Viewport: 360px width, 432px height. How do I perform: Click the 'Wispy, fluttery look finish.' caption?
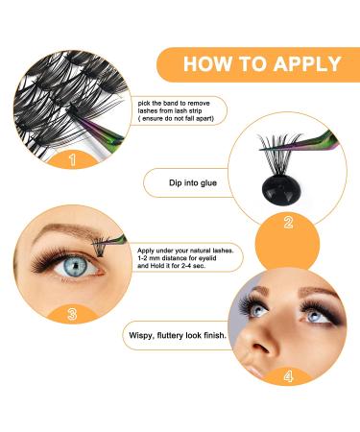178,335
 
